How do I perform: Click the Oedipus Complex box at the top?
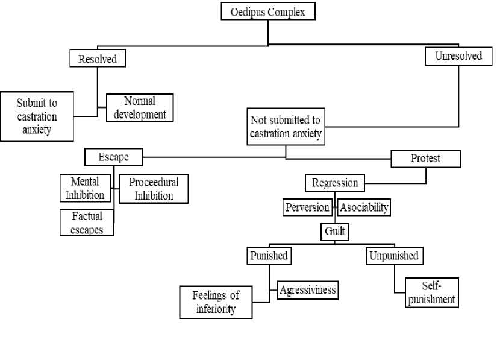pyautogui.click(x=268, y=11)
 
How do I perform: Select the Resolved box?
pyautogui.click(x=98, y=58)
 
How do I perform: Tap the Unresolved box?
pyautogui.click(x=458, y=56)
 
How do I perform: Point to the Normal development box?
pyautogui.click(x=140, y=107)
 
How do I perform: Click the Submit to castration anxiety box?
pyautogui.click(x=37, y=116)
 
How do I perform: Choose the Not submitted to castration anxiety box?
pyautogui.click(x=286, y=127)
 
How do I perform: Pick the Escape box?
pyautogui.click(x=114, y=157)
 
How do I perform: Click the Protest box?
pyautogui.click(x=426, y=159)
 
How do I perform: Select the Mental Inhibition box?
pyautogui.click(x=85, y=188)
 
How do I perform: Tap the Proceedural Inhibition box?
pyautogui.click(x=154, y=189)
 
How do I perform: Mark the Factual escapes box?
pyautogui.click(x=87, y=223)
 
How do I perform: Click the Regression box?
pyautogui.click(x=335, y=183)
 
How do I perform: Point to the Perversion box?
pyautogui.click(x=307, y=207)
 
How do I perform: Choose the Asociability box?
pyautogui.click(x=364, y=207)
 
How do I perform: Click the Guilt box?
pyautogui.click(x=335, y=232)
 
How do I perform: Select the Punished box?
pyautogui.click(x=269, y=256)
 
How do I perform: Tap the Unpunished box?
pyautogui.click(x=395, y=256)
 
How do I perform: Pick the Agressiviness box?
pyautogui.click(x=307, y=290)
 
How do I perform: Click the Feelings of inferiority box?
pyautogui.click(x=216, y=302)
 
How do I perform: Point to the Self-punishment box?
pyautogui.click(x=432, y=292)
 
